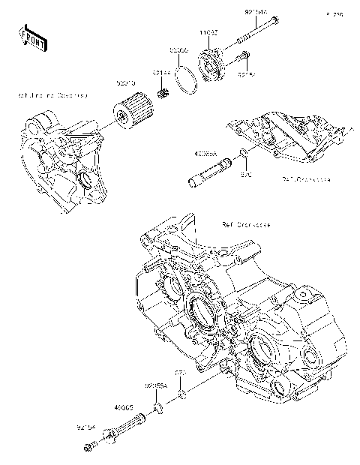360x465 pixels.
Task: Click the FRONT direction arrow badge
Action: pyautogui.click(x=32, y=37)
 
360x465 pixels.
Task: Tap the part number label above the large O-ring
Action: pyautogui.click(x=178, y=49)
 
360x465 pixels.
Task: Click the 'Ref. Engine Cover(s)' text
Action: pyautogui.click(x=53, y=95)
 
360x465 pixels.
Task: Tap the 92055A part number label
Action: pyautogui.click(x=155, y=385)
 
